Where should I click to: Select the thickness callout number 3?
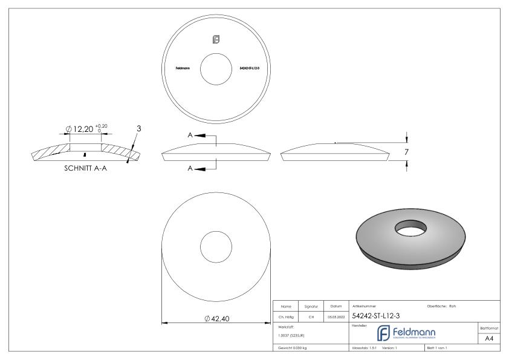click(138, 128)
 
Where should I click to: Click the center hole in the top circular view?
click(215, 68)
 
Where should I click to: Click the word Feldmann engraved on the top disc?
click(183, 68)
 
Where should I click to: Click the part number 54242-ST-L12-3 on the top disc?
click(249, 68)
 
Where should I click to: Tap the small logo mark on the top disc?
click(215, 40)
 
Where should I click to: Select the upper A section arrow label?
click(190, 136)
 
